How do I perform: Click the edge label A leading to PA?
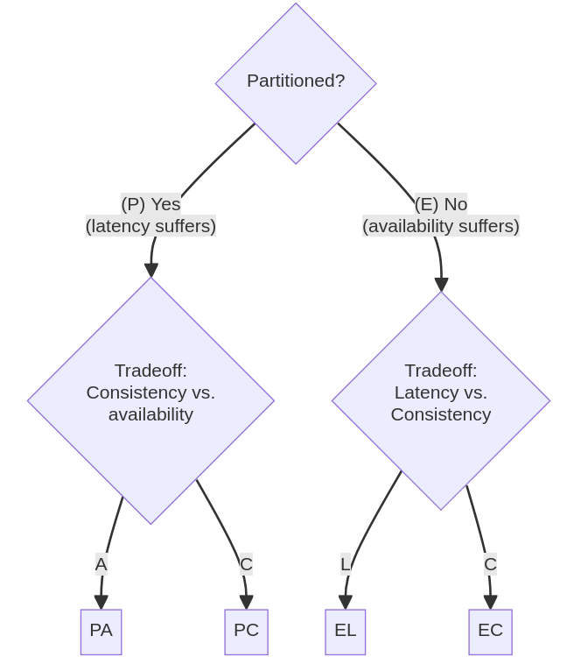(x=101, y=564)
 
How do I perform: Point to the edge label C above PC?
(x=246, y=564)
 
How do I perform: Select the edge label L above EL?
(x=346, y=564)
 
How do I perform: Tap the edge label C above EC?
(x=490, y=564)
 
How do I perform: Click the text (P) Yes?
(x=150, y=204)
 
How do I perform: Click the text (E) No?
(x=441, y=204)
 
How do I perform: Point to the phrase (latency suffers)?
(x=150, y=226)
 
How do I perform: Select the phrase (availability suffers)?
(x=441, y=226)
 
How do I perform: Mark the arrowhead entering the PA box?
(x=101, y=603)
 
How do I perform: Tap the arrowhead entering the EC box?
(x=490, y=603)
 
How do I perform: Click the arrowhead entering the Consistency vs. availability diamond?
(x=151, y=271)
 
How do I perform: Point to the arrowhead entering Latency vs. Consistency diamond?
(x=441, y=285)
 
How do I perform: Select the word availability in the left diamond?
(x=150, y=414)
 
